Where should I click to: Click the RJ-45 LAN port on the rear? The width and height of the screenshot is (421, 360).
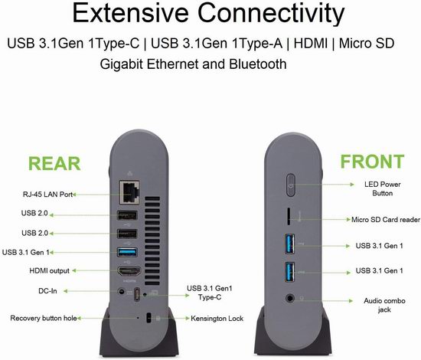pos(129,192)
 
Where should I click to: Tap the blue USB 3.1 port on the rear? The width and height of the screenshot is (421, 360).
pos(128,252)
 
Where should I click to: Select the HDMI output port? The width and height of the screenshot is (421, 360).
pos(129,272)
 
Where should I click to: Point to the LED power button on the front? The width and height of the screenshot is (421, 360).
pos(291,185)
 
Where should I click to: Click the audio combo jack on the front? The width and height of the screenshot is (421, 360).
pos(289,298)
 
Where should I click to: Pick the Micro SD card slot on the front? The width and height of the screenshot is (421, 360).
pos(289,216)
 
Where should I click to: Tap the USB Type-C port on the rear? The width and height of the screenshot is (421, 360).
pos(137,294)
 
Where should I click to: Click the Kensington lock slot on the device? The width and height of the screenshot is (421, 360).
pos(148,318)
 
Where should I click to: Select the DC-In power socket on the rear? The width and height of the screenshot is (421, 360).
pos(122,291)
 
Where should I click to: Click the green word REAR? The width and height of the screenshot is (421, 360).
pos(54,163)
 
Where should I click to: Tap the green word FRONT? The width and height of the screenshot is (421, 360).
pos(372,161)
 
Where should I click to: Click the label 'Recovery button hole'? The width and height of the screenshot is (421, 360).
pos(44,318)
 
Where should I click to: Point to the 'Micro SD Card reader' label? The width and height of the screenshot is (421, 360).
pos(386,220)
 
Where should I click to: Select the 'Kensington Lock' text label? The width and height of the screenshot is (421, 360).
pos(217,319)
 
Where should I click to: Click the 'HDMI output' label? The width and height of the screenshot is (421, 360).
pos(50,270)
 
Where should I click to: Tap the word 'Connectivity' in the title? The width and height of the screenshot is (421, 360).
pos(271,14)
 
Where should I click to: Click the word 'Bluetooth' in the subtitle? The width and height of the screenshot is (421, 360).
pos(258,64)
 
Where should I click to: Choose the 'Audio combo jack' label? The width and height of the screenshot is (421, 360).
pos(384,305)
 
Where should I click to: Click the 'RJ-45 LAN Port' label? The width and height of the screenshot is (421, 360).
pos(47,195)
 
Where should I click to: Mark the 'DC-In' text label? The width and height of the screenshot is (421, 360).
pos(47,291)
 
